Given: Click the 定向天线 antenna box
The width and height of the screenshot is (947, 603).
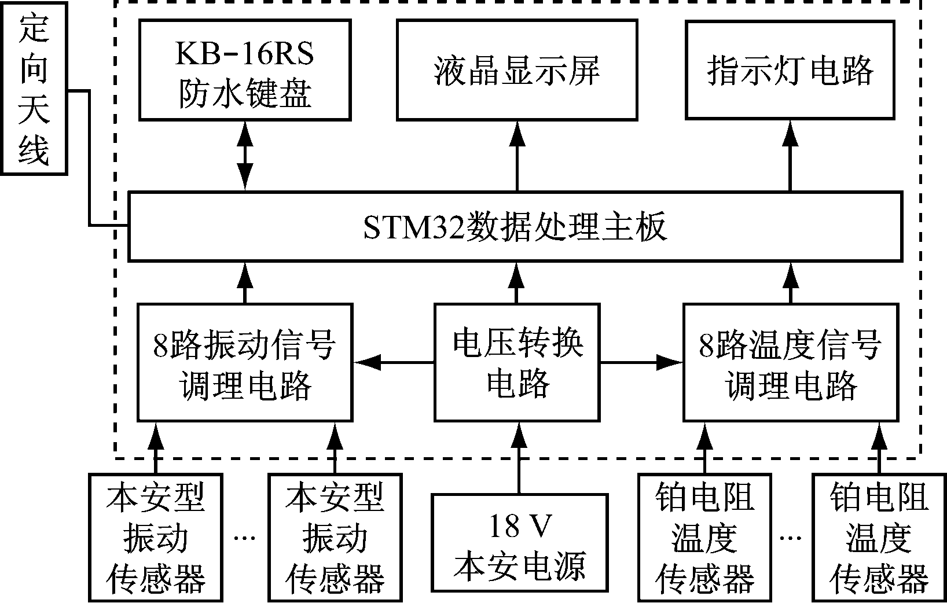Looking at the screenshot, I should click(x=34, y=88).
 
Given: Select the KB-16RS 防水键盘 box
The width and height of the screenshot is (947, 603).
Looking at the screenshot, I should click(x=245, y=71).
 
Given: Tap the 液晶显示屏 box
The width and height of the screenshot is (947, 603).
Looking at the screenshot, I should click(x=517, y=71).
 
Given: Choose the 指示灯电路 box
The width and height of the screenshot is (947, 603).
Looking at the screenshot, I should click(x=790, y=71).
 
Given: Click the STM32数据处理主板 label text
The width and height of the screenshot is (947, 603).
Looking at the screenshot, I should click(x=515, y=227).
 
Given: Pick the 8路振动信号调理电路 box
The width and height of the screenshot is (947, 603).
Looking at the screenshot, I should click(x=245, y=362).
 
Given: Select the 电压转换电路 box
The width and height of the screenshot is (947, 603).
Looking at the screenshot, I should click(x=517, y=362).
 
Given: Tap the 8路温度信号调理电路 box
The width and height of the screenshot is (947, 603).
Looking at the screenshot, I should click(x=790, y=362).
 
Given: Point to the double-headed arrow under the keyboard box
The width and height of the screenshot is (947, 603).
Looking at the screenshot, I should click(x=245, y=156).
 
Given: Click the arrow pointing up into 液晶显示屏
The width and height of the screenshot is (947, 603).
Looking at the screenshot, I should click(x=517, y=156).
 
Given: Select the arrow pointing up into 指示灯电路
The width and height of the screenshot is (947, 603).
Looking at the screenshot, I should click(x=790, y=156).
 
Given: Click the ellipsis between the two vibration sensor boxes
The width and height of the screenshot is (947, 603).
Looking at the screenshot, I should click(x=245, y=539).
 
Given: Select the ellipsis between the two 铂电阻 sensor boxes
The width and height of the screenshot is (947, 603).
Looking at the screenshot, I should click(x=791, y=539).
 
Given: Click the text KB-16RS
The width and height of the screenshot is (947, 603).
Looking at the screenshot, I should click(x=245, y=54).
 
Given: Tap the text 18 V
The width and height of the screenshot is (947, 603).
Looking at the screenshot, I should click(x=519, y=527).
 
